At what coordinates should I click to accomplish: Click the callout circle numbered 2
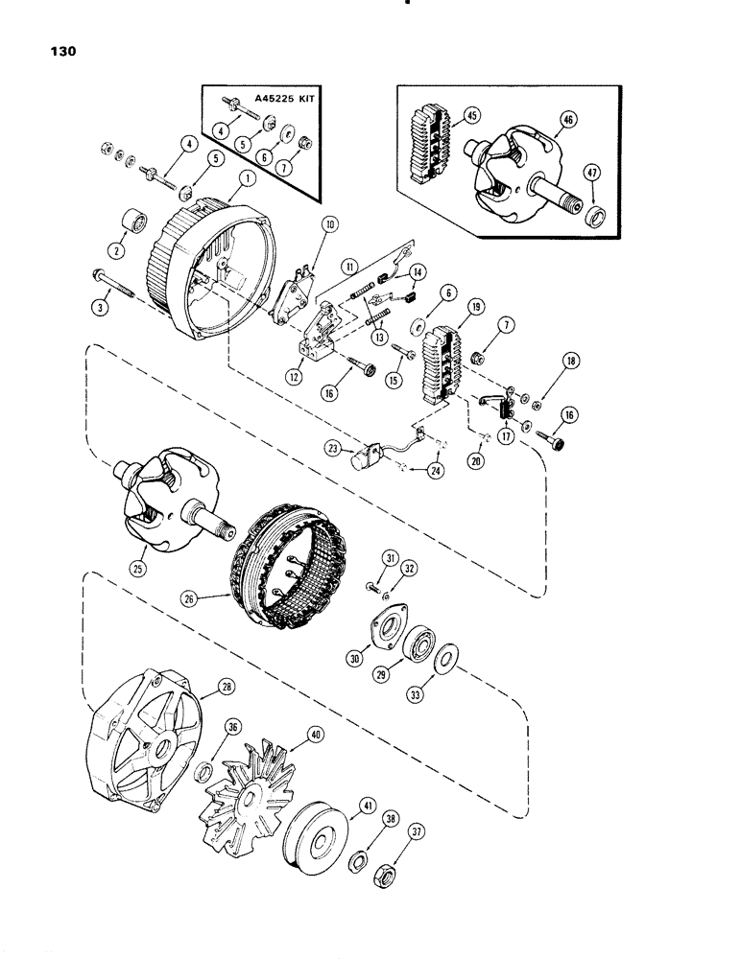pyautogui.click(x=121, y=249)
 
